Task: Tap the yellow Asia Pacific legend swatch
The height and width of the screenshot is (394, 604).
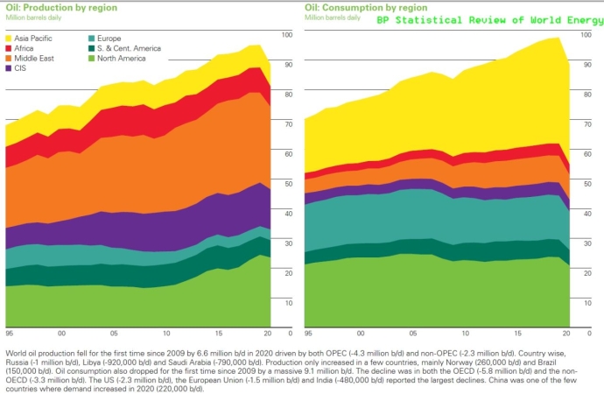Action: pyautogui.click(x=10, y=39)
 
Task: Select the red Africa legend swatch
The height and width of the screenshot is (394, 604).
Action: pyautogui.click(x=10, y=49)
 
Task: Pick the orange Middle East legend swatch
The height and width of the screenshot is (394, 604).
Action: pyautogui.click(x=10, y=59)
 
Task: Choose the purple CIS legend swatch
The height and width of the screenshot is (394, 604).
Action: pyautogui.click(x=10, y=69)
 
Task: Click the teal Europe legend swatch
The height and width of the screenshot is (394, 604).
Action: pyautogui.click(x=92, y=39)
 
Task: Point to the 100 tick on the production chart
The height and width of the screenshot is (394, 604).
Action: pyautogui.click(x=290, y=34)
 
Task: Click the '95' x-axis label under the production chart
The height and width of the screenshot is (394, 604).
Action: pyautogui.click(x=10, y=334)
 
